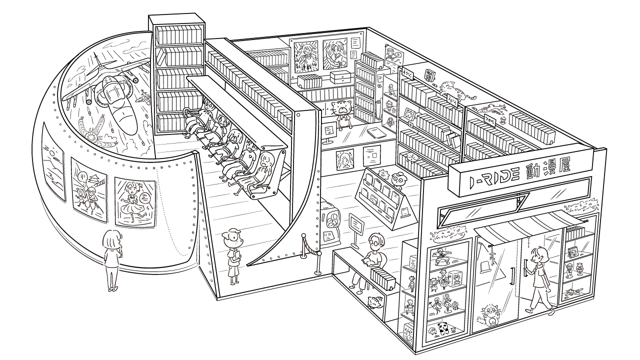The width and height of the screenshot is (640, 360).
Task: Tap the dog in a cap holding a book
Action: click(x=232, y=252)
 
